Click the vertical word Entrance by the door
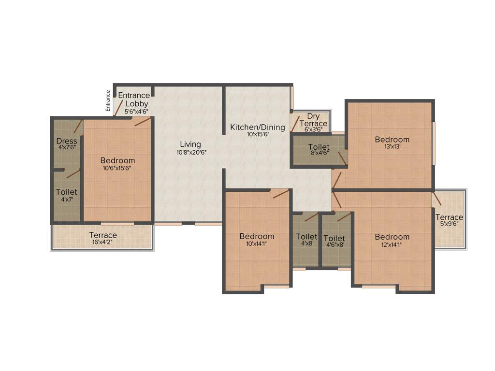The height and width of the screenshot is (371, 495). (108, 101)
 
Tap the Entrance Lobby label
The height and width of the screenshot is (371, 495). (134, 100)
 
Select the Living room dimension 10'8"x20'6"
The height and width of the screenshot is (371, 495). (190, 152)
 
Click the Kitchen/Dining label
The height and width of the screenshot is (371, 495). (257, 127)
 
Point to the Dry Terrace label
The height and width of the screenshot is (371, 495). (314, 120)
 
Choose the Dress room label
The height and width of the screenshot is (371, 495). (67, 141)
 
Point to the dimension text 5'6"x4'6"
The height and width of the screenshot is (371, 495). (136, 111)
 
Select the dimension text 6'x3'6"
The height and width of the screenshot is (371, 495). (314, 130)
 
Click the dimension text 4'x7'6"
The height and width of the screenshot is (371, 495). (67, 147)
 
